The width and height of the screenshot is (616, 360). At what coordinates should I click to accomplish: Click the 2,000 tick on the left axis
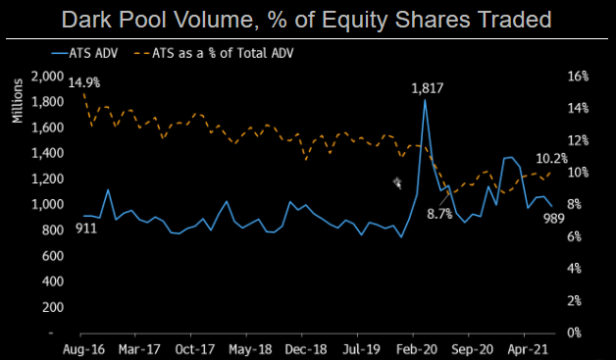[x=46, y=77]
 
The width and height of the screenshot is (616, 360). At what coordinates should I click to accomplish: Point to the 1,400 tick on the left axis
[x=46, y=153]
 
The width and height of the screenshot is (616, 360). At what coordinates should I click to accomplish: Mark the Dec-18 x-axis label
[x=307, y=348]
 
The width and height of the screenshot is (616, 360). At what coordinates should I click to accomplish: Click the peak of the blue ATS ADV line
[x=425, y=100]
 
